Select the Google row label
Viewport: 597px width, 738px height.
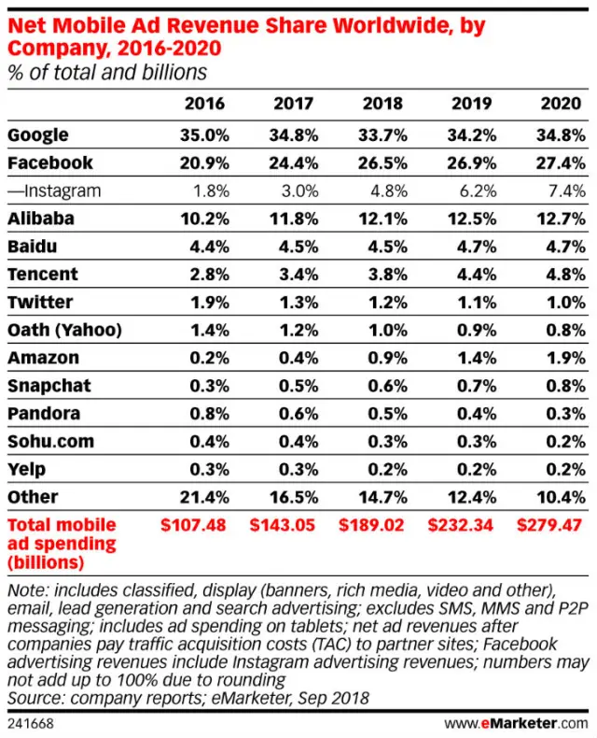(x=37, y=136)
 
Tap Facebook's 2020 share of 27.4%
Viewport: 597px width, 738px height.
(x=561, y=163)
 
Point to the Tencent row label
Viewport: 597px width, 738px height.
(x=42, y=275)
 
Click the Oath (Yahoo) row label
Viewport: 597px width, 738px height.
(x=64, y=330)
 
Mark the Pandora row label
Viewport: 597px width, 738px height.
(x=43, y=413)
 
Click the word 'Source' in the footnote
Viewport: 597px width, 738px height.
(x=34, y=698)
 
